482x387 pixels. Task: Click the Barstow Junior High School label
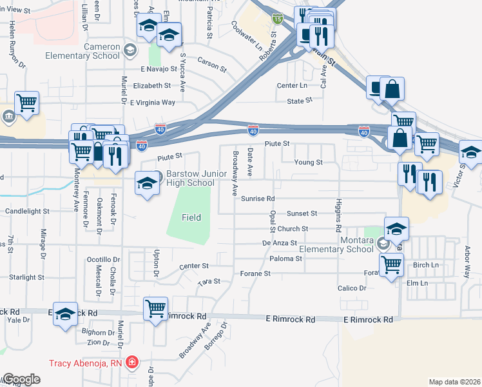[x=190, y=179]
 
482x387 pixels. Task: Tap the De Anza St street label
[x=279, y=243]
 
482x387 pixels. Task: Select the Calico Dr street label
[x=352, y=288]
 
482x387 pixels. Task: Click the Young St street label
[x=308, y=163]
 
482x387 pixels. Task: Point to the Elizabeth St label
[x=152, y=85]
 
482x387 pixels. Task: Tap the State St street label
[x=300, y=101]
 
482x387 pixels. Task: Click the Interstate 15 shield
[x=276, y=19]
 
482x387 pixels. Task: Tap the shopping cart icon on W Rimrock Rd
[x=156, y=308]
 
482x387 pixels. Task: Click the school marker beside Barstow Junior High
[x=147, y=183]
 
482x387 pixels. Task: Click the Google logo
[x=21, y=379]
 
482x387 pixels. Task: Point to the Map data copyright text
[x=454, y=382]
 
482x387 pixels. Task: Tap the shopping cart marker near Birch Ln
[x=392, y=264]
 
